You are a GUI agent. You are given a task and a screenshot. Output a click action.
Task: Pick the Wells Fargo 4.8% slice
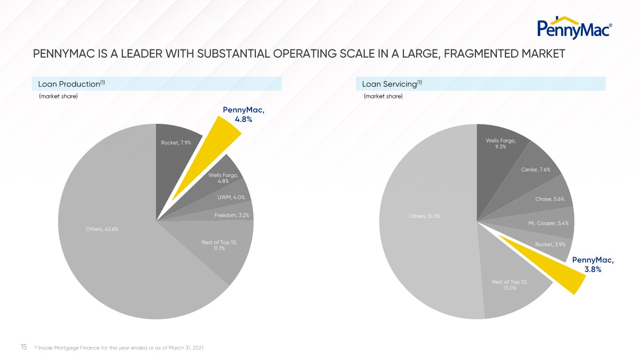pyautogui.click(x=223, y=178)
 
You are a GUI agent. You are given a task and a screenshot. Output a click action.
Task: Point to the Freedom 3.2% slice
pyautogui.click(x=231, y=215)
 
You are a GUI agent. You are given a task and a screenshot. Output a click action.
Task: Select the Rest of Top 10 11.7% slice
pyautogui.click(x=219, y=246)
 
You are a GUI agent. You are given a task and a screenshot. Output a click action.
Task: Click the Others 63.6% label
pyautogui.click(x=101, y=228)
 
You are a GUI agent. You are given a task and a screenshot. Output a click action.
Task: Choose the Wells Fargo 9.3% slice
pyautogui.click(x=500, y=144)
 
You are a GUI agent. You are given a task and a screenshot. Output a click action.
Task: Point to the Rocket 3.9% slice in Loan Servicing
pyautogui.click(x=550, y=244)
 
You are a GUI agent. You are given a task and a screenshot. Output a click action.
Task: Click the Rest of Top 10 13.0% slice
pyautogui.click(x=509, y=285)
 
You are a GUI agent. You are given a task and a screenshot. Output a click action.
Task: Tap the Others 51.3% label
pyautogui.click(x=424, y=216)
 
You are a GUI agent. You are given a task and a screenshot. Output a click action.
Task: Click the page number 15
pyautogui.click(x=24, y=347)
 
